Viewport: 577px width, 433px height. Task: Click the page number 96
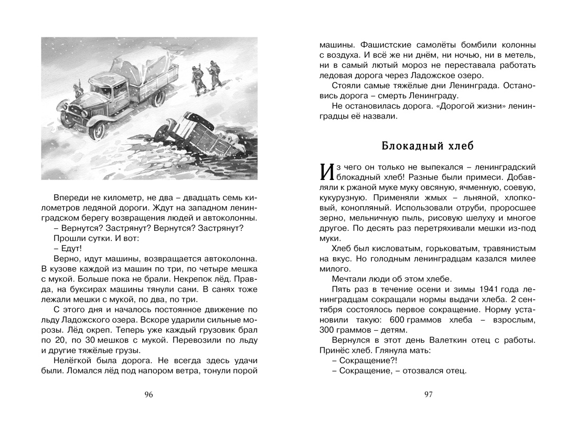pos(148,395)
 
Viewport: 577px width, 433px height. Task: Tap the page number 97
pos(428,395)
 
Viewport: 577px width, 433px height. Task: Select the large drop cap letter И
pos(325,171)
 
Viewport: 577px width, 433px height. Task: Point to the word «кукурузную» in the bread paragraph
pos(342,198)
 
